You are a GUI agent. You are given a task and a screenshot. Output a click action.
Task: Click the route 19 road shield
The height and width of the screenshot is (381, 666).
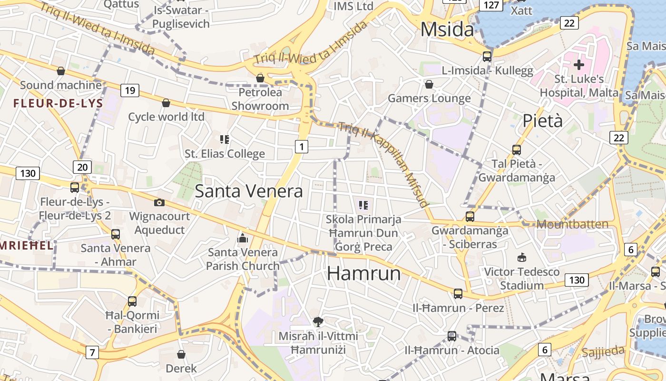point(129,90)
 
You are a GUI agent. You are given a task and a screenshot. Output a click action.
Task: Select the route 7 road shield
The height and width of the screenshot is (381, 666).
point(92,352)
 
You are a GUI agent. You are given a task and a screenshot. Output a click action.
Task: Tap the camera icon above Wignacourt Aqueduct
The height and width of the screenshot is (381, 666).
point(159,202)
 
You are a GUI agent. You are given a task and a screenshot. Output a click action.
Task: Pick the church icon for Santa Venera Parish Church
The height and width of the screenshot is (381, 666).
point(243,238)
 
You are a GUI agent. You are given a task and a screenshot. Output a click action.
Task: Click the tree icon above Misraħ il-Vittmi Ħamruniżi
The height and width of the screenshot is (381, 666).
point(318,322)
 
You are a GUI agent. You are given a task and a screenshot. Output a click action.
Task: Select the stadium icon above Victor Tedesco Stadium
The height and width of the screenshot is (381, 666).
point(522,257)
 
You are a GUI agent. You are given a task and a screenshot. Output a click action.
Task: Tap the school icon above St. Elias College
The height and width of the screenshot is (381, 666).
point(225,140)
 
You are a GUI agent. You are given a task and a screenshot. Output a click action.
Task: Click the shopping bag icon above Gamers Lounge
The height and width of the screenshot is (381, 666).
point(429,84)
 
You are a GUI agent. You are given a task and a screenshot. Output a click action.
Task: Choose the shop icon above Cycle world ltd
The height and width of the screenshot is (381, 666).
point(166,103)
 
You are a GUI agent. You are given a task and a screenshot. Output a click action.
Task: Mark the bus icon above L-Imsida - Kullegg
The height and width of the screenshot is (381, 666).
point(487,56)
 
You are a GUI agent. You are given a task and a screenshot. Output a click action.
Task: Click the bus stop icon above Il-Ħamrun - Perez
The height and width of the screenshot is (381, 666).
point(458,293)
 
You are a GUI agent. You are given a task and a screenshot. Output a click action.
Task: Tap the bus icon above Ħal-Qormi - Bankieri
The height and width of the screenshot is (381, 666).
point(132,301)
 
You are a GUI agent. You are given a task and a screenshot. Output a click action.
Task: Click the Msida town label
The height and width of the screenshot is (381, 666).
point(447,30)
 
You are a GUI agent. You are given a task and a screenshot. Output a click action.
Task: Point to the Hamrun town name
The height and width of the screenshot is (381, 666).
point(364,273)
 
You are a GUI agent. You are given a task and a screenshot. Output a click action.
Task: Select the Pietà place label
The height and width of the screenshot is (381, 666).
point(543,121)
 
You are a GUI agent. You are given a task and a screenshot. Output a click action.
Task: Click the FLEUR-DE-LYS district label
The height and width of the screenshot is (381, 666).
point(58,103)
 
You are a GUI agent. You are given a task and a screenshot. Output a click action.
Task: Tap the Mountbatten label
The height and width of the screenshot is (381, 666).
point(572,224)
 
